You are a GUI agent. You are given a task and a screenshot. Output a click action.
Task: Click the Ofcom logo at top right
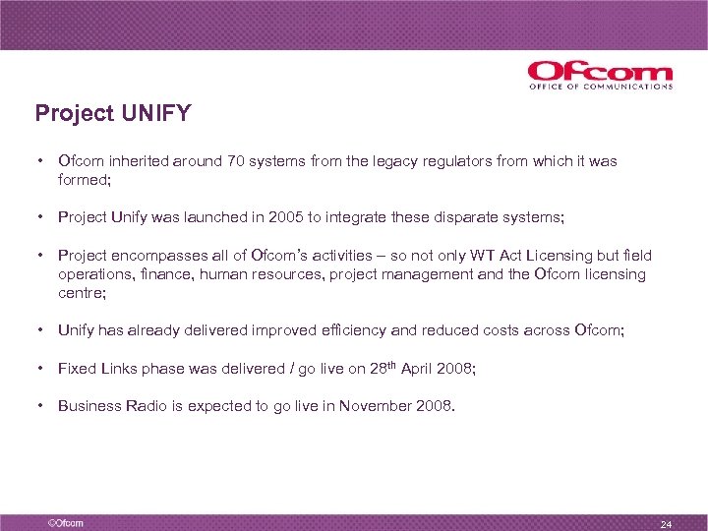[x=600, y=75]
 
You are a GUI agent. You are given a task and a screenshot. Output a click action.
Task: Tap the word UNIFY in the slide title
[x=156, y=114]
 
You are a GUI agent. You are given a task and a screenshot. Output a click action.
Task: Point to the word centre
[x=81, y=293]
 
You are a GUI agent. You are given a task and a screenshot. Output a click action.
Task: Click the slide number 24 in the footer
[x=666, y=523]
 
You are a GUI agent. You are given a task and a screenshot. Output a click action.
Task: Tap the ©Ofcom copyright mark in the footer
[x=59, y=522]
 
